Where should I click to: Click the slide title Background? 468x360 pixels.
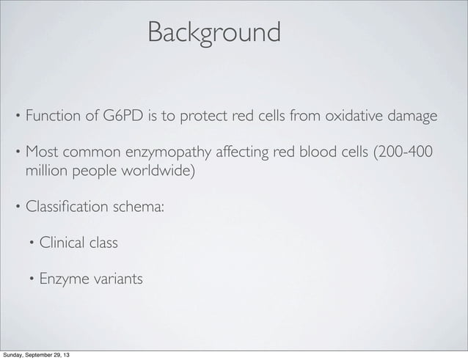[213, 32]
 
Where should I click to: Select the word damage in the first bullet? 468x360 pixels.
[413, 117]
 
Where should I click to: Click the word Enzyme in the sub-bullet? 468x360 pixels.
[64, 279]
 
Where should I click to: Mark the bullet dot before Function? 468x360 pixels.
[18, 117]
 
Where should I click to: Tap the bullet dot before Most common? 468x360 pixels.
[18, 154]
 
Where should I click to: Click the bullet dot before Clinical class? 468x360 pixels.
[32, 243]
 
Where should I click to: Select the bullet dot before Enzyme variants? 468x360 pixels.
[32, 280]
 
